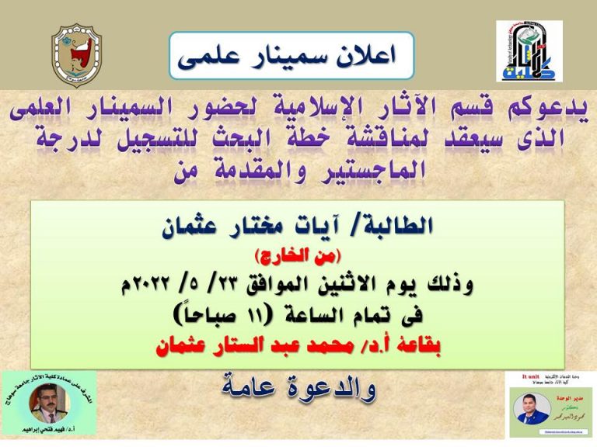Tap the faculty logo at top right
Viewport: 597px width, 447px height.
coord(529,51)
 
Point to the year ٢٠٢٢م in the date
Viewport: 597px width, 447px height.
coord(155,284)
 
